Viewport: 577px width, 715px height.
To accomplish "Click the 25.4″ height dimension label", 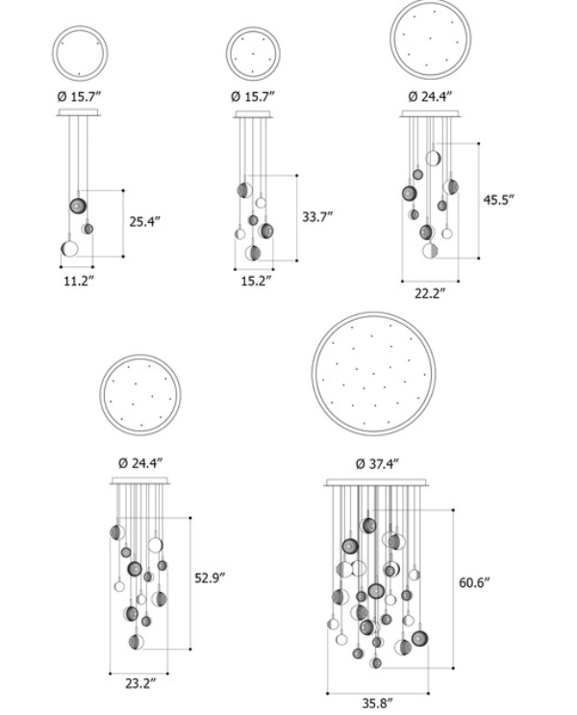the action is point(145,222).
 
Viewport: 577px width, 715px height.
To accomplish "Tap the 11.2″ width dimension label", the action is point(79,281).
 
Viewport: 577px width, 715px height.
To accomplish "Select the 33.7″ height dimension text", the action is point(317,216).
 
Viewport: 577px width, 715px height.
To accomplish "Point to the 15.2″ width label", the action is point(257,281).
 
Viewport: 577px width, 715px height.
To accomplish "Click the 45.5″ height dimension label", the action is point(499,200).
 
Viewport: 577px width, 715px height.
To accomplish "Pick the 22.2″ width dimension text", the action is point(430,294).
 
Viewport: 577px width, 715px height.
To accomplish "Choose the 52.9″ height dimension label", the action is point(211,579).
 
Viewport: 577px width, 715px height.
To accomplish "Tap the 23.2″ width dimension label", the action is point(141,683).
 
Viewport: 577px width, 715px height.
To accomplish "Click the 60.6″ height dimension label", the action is point(474,582).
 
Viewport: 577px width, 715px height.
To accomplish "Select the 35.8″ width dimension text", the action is point(378,703).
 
